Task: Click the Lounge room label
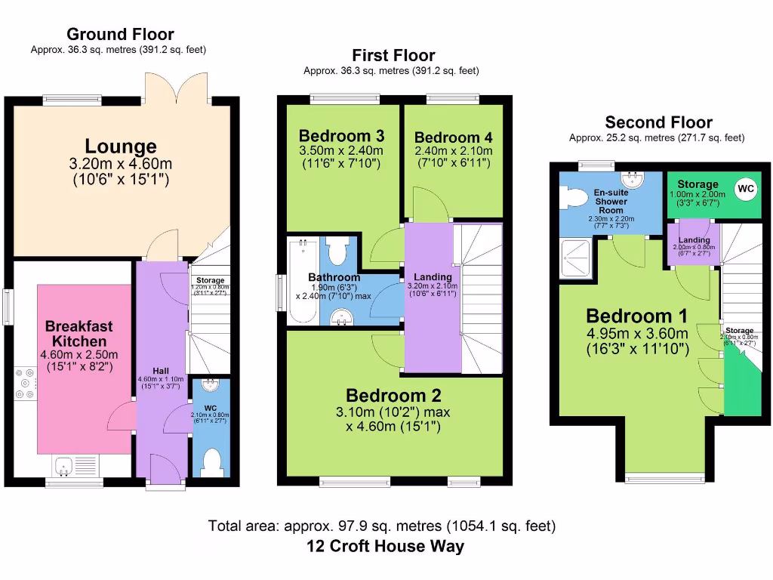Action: coord(121,146)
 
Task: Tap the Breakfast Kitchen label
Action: coord(79,334)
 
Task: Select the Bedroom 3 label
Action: coord(341,136)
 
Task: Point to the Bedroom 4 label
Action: coord(453,137)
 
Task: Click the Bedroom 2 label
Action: coord(393,396)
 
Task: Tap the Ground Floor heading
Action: coord(120,34)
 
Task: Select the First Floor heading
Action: coord(393,55)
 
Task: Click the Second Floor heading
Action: coord(658,122)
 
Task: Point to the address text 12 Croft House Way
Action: coord(386,546)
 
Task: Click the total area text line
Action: coord(382,526)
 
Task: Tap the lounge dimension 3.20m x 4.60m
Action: coord(121,164)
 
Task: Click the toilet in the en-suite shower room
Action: coord(574,198)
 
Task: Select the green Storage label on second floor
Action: coord(698,184)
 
